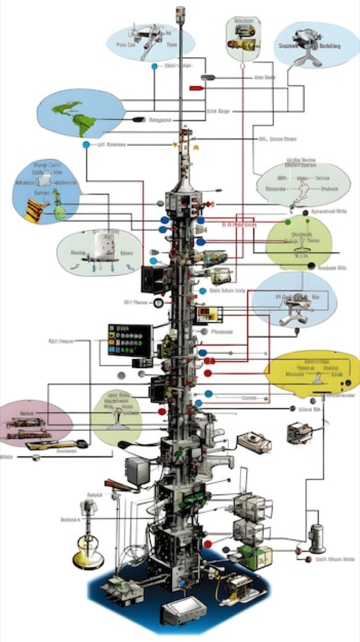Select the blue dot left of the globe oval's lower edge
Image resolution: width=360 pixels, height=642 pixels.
pyautogui.click(x=86, y=145)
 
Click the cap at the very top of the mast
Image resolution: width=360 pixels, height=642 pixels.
pyautogui.click(x=180, y=11)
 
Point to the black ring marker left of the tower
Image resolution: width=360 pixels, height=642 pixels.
pyautogui.click(x=158, y=303)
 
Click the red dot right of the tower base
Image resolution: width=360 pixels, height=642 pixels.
pyautogui.click(x=208, y=544)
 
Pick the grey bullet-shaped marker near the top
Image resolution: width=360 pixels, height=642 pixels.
pyautogui.click(x=207, y=78)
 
